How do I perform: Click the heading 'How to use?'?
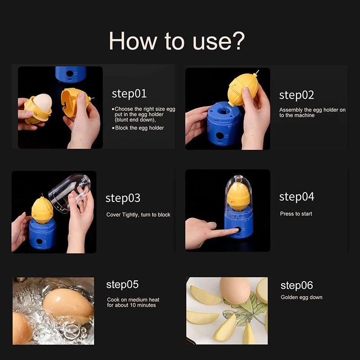point(177,41)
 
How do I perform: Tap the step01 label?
point(129,94)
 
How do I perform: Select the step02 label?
point(297,95)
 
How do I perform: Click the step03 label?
point(123,198)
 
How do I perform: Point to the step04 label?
point(297,197)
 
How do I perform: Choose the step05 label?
point(122,284)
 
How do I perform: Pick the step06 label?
point(297,285)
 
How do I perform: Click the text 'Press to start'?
point(296,214)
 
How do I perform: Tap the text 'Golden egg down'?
point(301,297)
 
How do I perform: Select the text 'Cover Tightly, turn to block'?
point(138,215)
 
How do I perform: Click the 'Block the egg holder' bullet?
point(139,128)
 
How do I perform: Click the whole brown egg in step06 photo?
point(234,290)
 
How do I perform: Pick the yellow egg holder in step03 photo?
point(42,209)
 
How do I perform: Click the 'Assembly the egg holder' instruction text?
point(312,112)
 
